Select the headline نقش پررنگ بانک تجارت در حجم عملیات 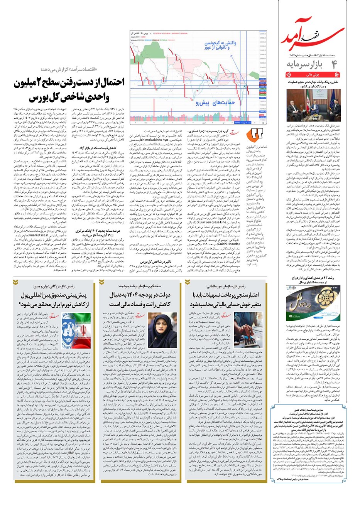[x=312, y=84]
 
